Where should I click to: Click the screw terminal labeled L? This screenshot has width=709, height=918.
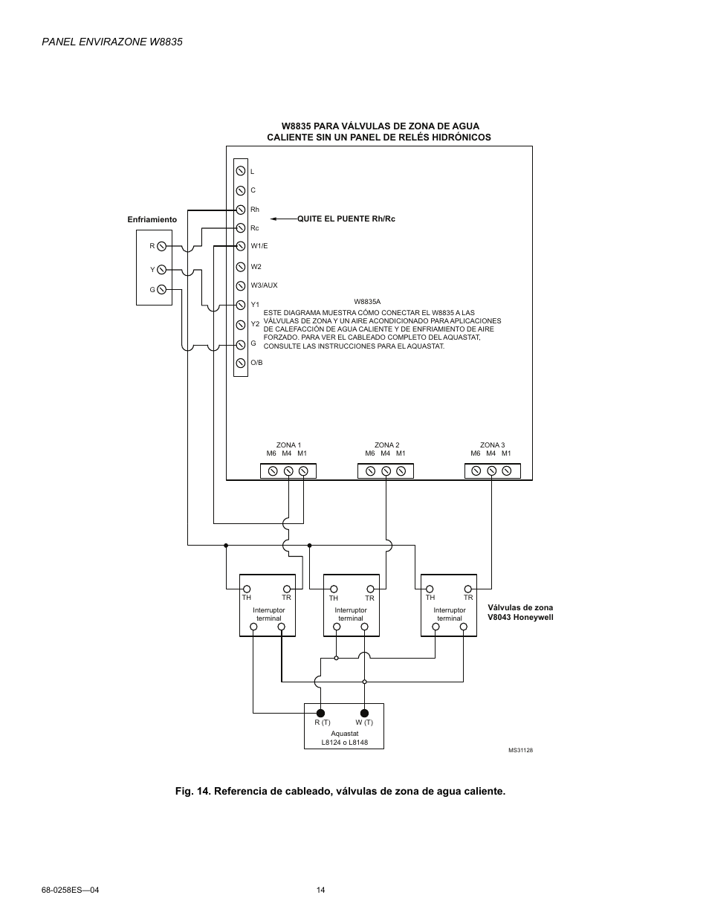point(241,172)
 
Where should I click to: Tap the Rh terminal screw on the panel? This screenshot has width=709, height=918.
point(241,210)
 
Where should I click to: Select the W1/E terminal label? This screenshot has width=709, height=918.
point(259,246)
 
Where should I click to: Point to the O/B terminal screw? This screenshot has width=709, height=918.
point(241,363)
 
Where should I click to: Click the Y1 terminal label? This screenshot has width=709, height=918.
point(255,305)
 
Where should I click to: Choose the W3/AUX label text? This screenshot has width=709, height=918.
point(264,285)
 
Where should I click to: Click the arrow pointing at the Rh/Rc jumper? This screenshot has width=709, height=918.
point(283,219)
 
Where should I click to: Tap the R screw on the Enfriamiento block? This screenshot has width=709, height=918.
point(161,246)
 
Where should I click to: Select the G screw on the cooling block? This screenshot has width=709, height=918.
point(161,289)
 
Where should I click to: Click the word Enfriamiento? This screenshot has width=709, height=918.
point(152,220)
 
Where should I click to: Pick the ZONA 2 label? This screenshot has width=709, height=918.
point(386,445)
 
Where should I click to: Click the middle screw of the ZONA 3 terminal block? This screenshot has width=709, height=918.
point(492,471)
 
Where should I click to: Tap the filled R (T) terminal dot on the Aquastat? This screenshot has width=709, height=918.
point(321,713)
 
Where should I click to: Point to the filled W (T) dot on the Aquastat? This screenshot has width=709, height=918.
point(364,713)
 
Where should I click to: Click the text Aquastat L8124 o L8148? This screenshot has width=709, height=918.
point(344,738)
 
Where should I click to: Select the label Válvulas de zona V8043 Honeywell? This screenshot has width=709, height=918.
point(520,612)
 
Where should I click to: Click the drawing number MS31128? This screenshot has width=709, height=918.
point(520,751)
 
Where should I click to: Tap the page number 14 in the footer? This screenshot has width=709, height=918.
point(321,890)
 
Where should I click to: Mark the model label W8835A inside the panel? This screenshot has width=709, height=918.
point(367,302)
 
